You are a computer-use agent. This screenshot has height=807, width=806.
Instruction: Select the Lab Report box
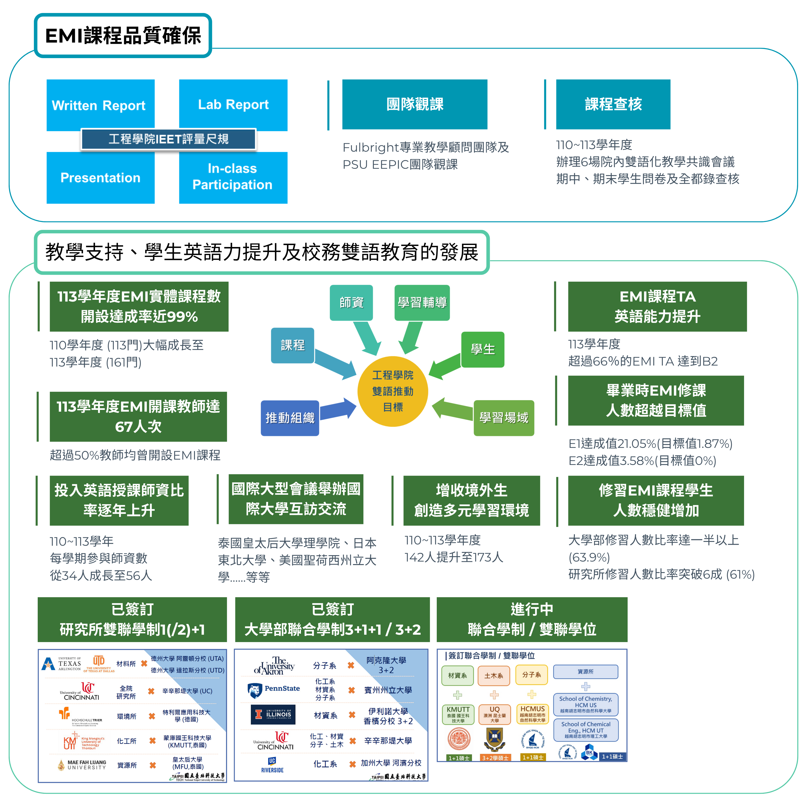(233, 105)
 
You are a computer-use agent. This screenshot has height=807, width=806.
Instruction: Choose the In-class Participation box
(233, 177)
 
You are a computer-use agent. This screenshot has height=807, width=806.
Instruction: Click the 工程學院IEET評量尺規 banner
(168, 139)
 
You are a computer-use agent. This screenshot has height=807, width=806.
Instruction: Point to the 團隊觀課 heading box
(414, 104)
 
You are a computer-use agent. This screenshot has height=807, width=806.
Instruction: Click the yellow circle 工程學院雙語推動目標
(393, 391)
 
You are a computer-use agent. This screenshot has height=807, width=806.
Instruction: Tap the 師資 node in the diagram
(351, 302)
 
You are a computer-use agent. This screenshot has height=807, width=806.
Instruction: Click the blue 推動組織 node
(290, 418)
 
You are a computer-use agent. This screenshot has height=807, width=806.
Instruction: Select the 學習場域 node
(503, 418)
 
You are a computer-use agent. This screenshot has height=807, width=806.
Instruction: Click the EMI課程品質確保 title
(123, 35)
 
